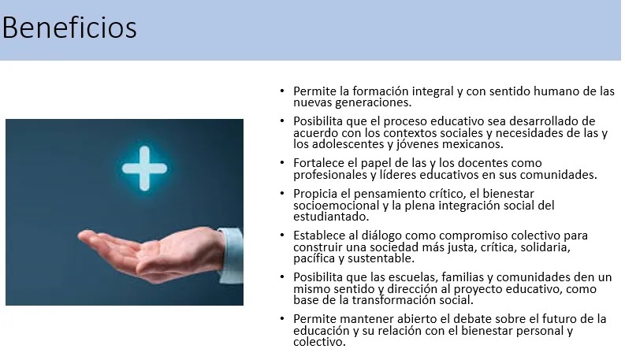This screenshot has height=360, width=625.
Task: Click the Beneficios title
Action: click(x=69, y=28)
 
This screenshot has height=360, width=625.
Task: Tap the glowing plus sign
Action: click(x=144, y=168)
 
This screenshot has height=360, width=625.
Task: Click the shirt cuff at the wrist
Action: click(x=231, y=255)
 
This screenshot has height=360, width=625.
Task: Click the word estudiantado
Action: click(x=331, y=217)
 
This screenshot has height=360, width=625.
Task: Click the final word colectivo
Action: click(x=319, y=342)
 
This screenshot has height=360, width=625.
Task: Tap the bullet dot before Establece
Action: click(x=282, y=235)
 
